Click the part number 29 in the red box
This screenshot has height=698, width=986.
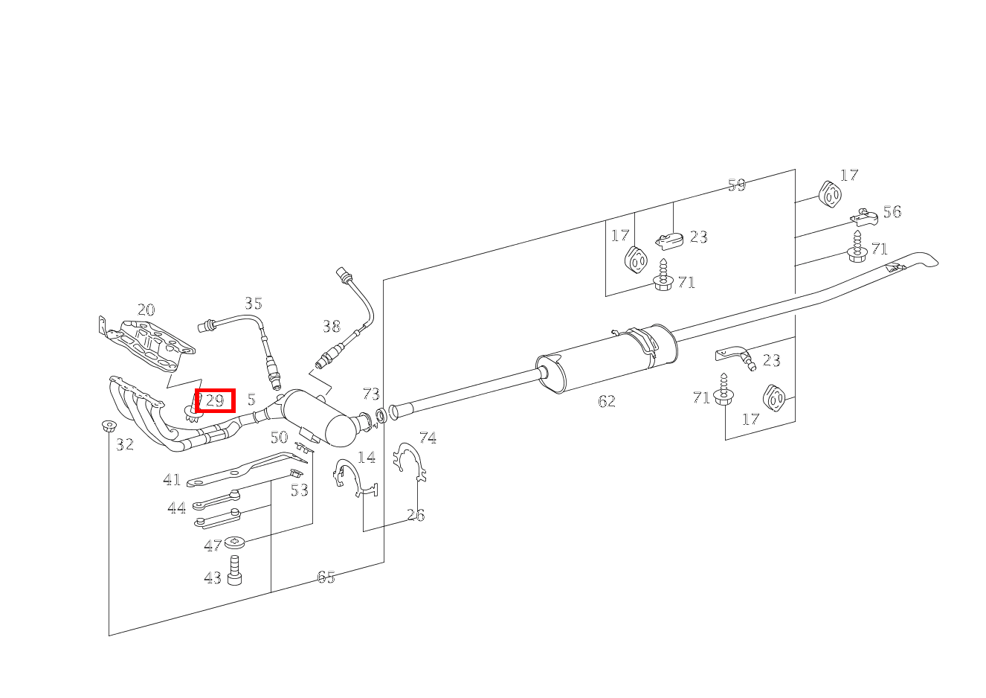pyautogui.click(x=215, y=400)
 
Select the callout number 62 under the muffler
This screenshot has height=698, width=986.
pyautogui.click(x=607, y=401)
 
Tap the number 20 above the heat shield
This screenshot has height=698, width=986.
pyautogui.click(x=146, y=310)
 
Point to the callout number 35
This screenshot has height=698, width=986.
pyautogui.click(x=254, y=303)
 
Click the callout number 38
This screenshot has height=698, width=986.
pyautogui.click(x=332, y=327)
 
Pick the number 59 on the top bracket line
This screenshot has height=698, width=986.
pyautogui.click(x=737, y=185)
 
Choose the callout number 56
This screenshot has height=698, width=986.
pyautogui.click(x=892, y=212)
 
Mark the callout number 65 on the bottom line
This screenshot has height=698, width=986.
pyautogui.click(x=326, y=577)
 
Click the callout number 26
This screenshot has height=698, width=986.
pyautogui.click(x=416, y=515)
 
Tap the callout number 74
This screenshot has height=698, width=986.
pyautogui.click(x=428, y=438)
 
